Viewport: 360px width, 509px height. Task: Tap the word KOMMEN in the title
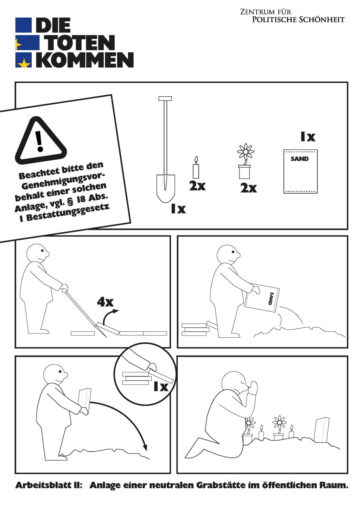[85, 60]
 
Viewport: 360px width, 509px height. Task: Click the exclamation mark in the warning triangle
[40, 141]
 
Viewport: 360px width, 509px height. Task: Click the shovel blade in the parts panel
[166, 188]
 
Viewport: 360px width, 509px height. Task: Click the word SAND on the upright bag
[300, 159]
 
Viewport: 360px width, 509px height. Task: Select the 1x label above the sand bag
[308, 137]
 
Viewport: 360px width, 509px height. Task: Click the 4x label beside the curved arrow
[105, 302]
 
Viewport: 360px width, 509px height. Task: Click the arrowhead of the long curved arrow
[145, 447]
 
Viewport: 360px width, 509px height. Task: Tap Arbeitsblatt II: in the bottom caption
[49, 485]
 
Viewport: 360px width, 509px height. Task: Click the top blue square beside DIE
[23, 25]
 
